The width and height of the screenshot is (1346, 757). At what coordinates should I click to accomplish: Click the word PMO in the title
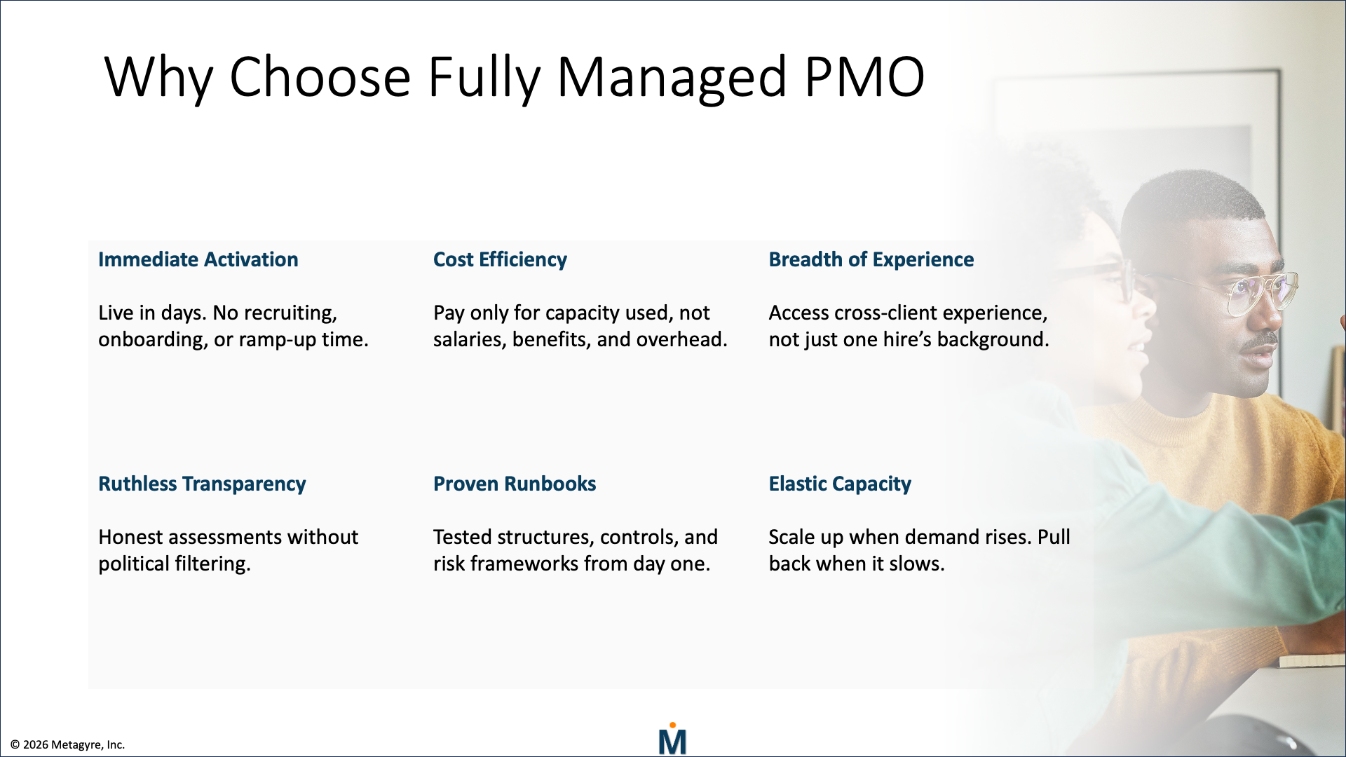864,77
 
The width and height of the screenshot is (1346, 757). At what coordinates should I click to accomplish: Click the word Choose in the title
320,77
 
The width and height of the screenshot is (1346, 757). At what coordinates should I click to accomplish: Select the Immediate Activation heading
198,259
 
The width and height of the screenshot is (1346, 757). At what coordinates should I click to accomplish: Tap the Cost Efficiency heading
500,259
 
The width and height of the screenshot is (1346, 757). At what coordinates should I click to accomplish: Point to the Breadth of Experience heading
871,259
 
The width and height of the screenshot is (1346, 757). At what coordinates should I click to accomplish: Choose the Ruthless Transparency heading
202,484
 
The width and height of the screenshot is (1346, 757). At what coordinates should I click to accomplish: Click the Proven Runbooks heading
515,484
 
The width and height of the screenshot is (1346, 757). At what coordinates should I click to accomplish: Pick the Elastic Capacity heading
839,484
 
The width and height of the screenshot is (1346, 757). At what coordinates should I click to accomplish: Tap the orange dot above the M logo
672,725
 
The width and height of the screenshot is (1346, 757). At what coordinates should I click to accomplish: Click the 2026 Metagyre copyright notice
67,744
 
